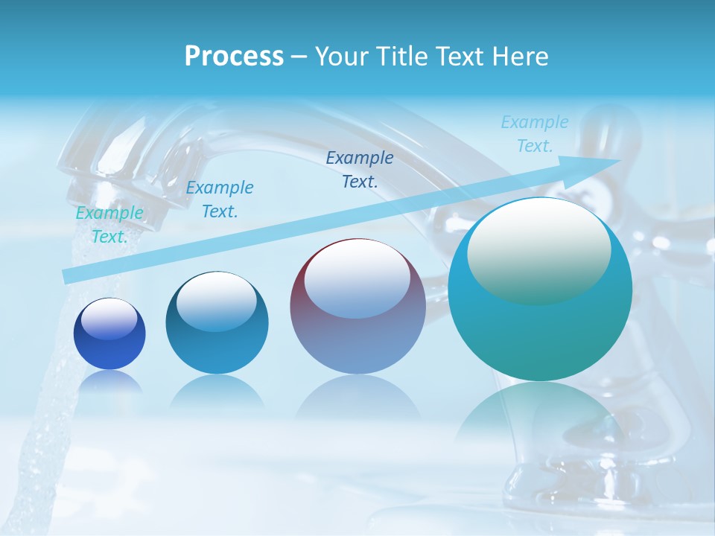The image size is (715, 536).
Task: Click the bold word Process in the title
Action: [x=234, y=57]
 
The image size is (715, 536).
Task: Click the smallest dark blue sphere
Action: [x=109, y=334]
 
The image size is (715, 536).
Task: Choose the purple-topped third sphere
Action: [x=357, y=306]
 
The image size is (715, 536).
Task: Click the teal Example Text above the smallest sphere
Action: [x=109, y=225]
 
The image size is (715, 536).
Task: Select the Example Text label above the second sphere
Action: [x=219, y=200]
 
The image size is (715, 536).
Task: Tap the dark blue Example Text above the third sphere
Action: [x=360, y=169]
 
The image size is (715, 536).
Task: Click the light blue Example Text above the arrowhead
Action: [x=534, y=134]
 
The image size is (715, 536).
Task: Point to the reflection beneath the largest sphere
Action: [x=540, y=417]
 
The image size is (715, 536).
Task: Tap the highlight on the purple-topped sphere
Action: [x=357, y=278]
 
